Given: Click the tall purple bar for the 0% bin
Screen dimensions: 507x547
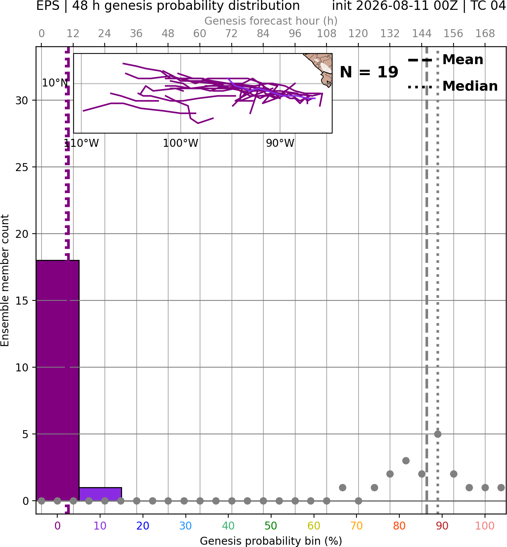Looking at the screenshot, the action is point(58,380).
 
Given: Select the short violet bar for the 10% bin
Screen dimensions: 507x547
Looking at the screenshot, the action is point(100,494).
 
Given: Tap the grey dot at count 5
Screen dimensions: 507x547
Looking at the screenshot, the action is point(438,434).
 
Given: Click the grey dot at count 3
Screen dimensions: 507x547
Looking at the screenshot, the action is point(406,461).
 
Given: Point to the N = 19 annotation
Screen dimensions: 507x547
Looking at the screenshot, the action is point(369,72).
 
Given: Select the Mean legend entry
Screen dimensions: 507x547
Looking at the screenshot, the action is point(445,60).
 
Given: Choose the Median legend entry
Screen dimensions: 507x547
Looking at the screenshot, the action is point(452,86).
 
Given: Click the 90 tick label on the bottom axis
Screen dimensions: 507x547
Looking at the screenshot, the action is point(442,526).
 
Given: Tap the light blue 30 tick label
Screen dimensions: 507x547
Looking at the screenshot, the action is point(185,526).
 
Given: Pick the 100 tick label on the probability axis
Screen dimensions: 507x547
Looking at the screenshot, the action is point(485,526).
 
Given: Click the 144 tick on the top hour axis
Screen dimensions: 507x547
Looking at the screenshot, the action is point(422,34).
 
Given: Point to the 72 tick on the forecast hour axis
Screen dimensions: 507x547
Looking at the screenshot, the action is point(231,34).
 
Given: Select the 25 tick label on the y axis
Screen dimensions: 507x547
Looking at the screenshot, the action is point(22,167).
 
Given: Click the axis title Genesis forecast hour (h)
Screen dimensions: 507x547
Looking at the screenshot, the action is point(271,21).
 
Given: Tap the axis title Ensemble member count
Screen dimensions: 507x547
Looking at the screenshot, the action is point(5,280).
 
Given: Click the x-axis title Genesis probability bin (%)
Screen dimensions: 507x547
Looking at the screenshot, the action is point(271,541).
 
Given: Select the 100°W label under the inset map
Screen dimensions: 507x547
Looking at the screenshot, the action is point(181,143).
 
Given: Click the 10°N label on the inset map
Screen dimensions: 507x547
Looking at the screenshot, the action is point(55,83).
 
